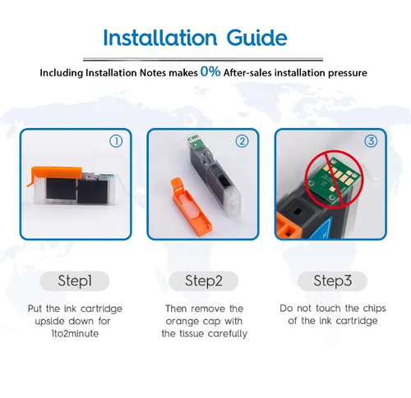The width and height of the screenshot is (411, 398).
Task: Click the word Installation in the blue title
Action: pyautogui.click(x=160, y=38)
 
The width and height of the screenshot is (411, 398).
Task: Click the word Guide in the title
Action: pyautogui.click(x=257, y=38)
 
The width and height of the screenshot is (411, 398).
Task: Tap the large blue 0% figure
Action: pyautogui.click(x=210, y=71)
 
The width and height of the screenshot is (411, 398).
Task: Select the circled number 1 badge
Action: pyautogui.click(x=116, y=141)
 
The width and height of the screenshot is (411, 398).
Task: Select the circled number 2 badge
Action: pyautogui.click(x=242, y=141)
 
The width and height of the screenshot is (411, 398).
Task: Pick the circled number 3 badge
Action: pyautogui.click(x=371, y=141)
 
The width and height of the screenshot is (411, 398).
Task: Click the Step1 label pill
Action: pyautogui.click(x=75, y=281)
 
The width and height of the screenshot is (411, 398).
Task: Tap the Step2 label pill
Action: pyautogui.click(x=204, y=281)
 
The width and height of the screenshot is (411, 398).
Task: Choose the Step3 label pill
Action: pyautogui.click(x=333, y=281)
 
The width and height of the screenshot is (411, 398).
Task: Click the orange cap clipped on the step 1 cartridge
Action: pyautogui.click(x=55, y=173)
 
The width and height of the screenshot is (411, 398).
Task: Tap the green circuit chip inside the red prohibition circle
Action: pyautogui.click(x=333, y=181)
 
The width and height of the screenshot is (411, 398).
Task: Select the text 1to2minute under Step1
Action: pyautogui.click(x=75, y=334)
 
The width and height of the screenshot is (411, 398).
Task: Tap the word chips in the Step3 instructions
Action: pyautogui.click(x=374, y=309)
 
